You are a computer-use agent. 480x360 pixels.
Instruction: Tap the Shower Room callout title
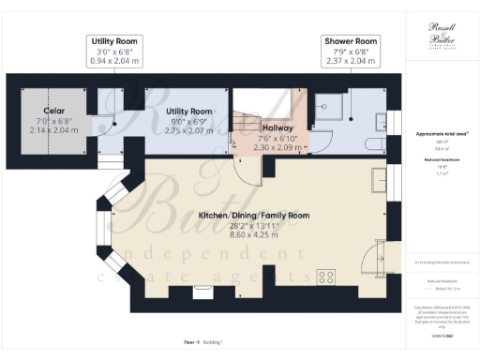pyautogui.click(x=351, y=42)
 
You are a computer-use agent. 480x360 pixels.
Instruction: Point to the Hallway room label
pyautogui.click(x=278, y=128)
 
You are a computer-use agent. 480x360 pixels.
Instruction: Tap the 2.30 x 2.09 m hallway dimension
pyautogui.click(x=278, y=147)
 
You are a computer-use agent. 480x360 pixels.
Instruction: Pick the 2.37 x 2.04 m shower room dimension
pyautogui.click(x=351, y=61)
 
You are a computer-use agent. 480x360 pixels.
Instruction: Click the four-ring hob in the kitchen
pyautogui.click(x=327, y=276)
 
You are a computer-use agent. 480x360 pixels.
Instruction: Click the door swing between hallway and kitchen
pyautogui.click(x=246, y=168)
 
